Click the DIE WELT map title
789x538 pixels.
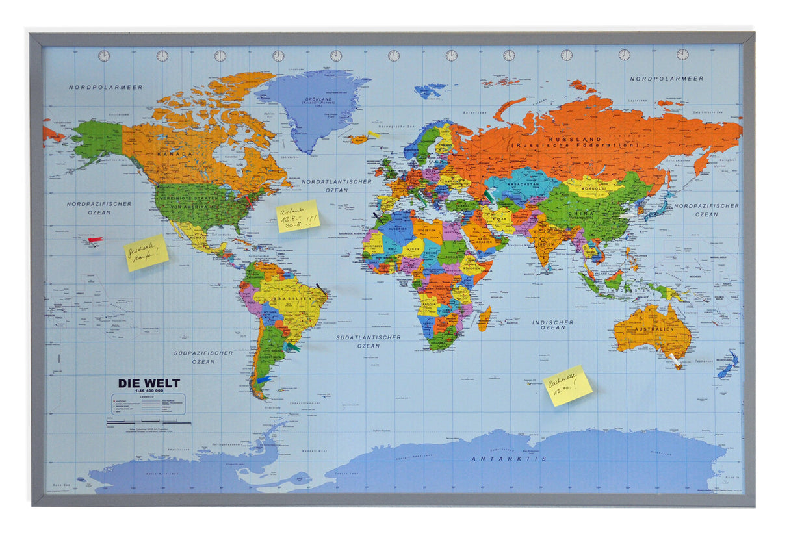pos(149,383)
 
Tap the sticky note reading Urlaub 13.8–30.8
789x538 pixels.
pos(298,216)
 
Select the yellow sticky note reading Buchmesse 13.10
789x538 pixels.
pos(568,385)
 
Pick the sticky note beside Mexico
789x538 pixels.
pos(146,253)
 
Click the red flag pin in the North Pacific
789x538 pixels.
pos(95,240)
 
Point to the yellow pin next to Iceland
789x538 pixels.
pos(372,134)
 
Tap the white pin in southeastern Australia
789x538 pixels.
pos(673,358)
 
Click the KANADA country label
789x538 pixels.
pos(174,154)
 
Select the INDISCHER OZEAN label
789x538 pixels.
pos(553,325)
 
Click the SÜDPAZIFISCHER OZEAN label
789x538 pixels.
pos(203,357)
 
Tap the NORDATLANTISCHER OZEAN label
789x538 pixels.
pos(337,186)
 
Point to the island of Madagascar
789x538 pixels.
pos(484,318)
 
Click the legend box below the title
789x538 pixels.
pos(149,405)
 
